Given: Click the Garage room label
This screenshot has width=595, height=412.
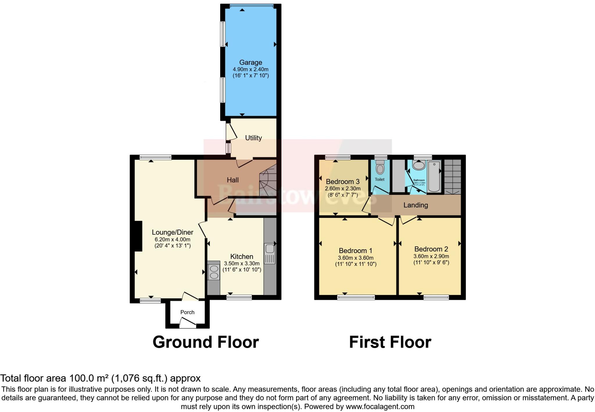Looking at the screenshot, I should coord(250,62).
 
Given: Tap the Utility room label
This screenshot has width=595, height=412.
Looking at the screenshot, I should coord(253,138).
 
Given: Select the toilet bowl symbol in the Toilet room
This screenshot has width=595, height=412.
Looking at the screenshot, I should coord(380,168).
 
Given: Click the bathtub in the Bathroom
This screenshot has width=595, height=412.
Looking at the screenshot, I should coord(434,177).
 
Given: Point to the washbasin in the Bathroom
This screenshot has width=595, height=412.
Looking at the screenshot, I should coord(419,165).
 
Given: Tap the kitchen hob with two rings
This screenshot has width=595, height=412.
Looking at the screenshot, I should coord(214,272).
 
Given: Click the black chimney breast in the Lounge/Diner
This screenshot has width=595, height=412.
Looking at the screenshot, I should coord(138,236).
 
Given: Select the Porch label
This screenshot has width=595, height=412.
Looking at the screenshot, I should coord(187,312).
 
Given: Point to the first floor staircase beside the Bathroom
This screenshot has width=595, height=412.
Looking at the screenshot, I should coord(453,177).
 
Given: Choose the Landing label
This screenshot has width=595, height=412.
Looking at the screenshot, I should coord(415,205).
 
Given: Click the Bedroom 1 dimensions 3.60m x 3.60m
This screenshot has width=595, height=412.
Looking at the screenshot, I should coord(356,258).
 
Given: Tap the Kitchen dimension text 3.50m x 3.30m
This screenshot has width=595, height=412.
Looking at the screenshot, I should coord(242,264).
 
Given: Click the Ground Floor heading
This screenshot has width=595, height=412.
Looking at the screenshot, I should coord(206,342).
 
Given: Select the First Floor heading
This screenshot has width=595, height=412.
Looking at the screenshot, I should coord(390,342).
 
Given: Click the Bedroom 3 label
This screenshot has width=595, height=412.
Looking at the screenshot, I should coord(343,182).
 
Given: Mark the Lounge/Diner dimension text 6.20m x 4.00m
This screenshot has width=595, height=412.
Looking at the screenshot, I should coord(172,240).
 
